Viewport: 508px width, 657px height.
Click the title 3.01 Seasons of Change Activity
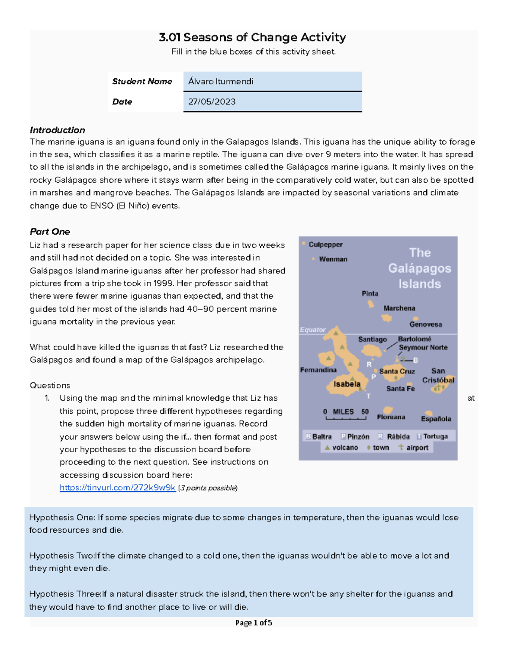click(x=252, y=38)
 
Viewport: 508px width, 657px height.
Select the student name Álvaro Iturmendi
click(x=221, y=82)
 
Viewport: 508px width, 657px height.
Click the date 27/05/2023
click(x=212, y=102)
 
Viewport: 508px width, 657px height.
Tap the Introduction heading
click(x=57, y=130)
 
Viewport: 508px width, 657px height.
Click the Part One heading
click(x=50, y=232)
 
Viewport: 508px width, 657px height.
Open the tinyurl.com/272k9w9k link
click(x=117, y=488)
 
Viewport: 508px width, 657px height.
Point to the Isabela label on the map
click(x=347, y=384)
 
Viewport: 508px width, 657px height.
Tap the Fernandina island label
click(x=318, y=370)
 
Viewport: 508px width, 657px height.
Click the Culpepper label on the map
click(x=325, y=245)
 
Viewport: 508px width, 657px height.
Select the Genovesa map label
click(x=425, y=324)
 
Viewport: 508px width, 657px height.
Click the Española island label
click(x=436, y=419)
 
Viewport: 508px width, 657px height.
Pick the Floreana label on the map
click(x=391, y=417)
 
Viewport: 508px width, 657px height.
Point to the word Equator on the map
click(x=312, y=330)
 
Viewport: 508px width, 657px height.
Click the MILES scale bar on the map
click(x=345, y=415)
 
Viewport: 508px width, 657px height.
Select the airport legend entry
click(x=413, y=448)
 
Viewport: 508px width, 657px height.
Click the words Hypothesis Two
click(x=51, y=556)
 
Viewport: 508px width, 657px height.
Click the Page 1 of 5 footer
click(x=254, y=623)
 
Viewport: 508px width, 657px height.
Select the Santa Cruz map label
click(x=397, y=371)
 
